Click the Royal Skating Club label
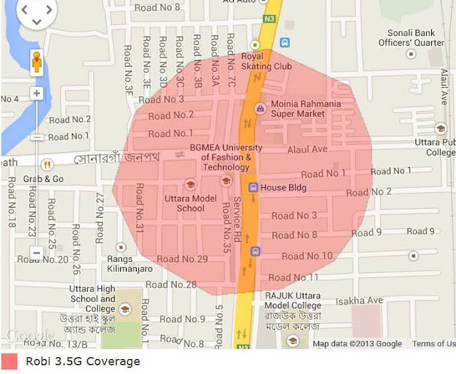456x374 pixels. [267, 61]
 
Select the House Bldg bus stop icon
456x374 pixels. [253, 187]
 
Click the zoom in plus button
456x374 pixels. [36, 93]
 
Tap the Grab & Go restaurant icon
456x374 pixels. [47, 164]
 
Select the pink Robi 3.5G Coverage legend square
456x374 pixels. [9, 361]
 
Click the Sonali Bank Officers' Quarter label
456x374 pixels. [416, 37]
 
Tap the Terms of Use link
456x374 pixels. [433, 344]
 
